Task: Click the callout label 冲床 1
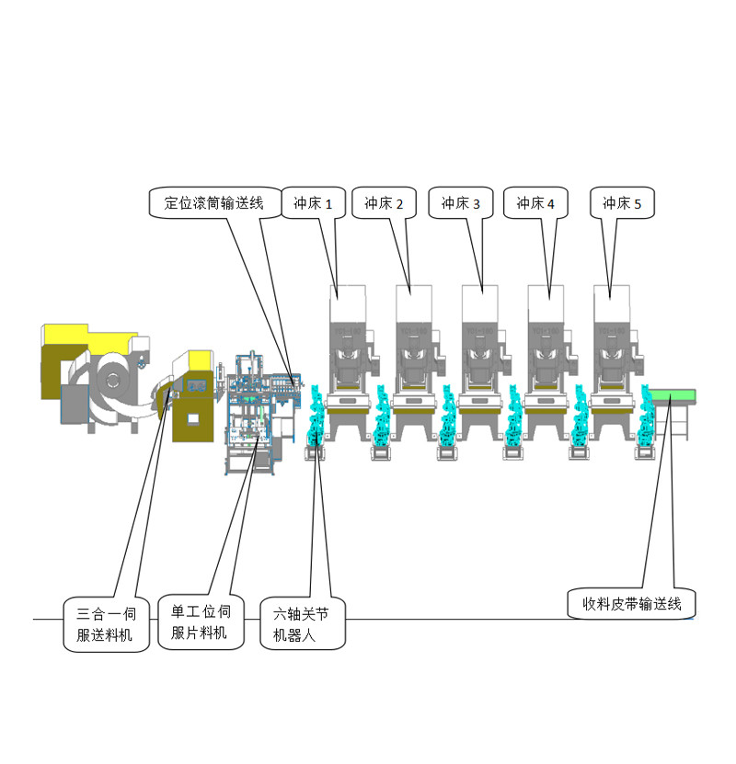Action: click(x=312, y=202)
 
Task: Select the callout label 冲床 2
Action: click(x=385, y=202)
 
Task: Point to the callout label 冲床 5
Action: click(x=623, y=202)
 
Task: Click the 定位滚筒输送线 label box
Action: click(x=213, y=202)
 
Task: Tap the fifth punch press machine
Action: click(x=612, y=368)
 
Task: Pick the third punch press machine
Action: click(x=479, y=368)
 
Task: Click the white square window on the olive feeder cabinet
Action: click(x=193, y=420)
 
